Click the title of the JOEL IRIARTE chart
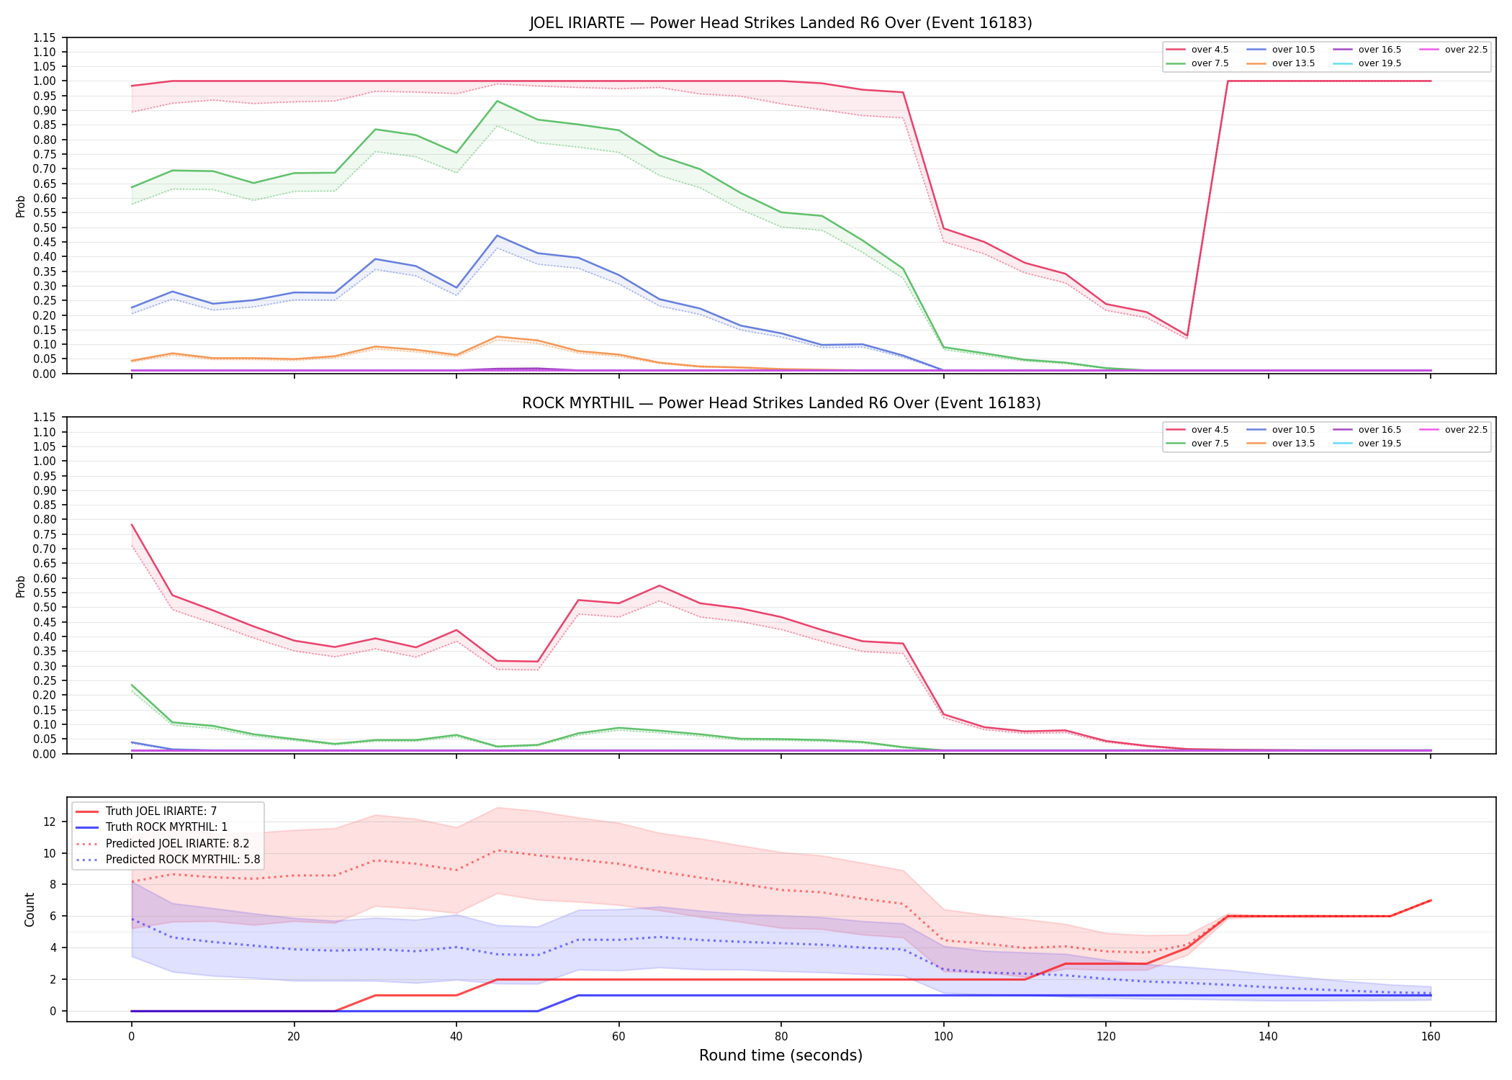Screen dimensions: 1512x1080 point(780,23)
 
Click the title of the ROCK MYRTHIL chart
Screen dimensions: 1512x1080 point(781,403)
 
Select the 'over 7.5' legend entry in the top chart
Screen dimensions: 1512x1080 point(1198,63)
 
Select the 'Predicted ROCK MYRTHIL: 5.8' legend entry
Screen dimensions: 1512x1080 point(168,859)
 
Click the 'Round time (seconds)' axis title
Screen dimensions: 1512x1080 point(780,1056)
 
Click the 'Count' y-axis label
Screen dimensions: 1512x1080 point(30,909)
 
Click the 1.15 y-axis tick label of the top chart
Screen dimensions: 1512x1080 point(45,37)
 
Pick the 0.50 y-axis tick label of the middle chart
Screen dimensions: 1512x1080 point(45,607)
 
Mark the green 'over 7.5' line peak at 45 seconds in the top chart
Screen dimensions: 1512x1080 point(497,101)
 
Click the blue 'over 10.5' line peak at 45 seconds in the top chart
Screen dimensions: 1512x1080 point(497,235)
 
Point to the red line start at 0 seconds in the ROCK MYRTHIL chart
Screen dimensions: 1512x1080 point(132,525)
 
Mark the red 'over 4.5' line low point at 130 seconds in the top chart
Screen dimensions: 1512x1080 point(1187,336)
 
